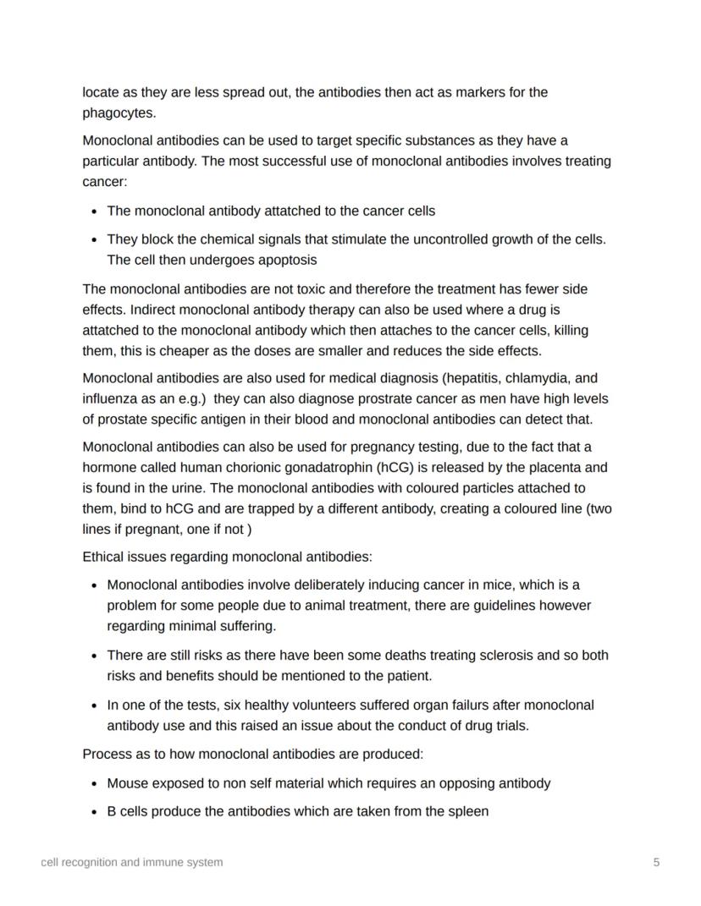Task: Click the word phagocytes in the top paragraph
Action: (118, 113)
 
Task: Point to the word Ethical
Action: (105, 557)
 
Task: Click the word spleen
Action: (467, 811)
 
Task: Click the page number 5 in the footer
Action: (656, 862)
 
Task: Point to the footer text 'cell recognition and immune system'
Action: (132, 862)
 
